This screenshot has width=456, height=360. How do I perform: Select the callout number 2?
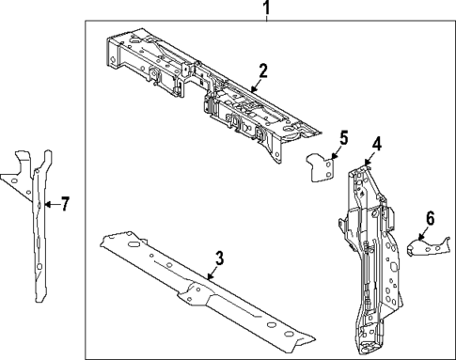click(x=263, y=70)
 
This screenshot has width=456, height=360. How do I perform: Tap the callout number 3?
click(x=219, y=257)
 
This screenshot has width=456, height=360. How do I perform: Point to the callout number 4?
click(x=375, y=144)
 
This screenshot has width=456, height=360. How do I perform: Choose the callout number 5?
click(x=342, y=138)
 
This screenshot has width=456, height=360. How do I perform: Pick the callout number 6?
click(x=430, y=218)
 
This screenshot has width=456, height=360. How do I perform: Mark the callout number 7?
click(x=64, y=203)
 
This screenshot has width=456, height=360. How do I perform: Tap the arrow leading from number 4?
click(x=369, y=158)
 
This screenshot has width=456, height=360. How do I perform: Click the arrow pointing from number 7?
click(x=52, y=203)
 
